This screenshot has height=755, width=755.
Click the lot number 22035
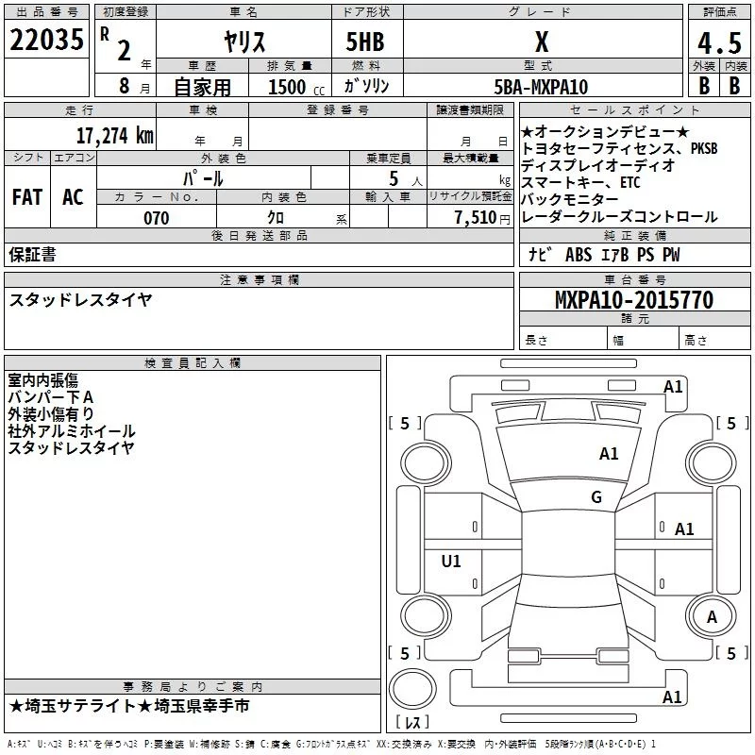pyautogui.click(x=46, y=41)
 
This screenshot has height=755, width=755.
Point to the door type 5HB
pyautogui.click(x=366, y=42)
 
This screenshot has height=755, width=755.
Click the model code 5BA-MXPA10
pyautogui.click(x=541, y=87)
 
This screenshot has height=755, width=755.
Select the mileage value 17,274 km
pyautogui.click(x=113, y=135)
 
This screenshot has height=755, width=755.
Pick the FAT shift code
pyautogui.click(x=26, y=197)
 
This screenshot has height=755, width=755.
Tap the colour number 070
pyautogui.click(x=156, y=218)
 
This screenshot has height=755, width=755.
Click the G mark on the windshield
pyautogui.click(x=596, y=497)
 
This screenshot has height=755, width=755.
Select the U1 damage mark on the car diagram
pyautogui.click(x=451, y=562)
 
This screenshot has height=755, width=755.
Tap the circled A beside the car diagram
pyautogui.click(x=712, y=616)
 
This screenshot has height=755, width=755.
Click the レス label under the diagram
pyautogui.click(x=412, y=724)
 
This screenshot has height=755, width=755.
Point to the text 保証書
pyautogui.click(x=32, y=254)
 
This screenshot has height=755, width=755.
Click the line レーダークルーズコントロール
pyautogui.click(x=619, y=217)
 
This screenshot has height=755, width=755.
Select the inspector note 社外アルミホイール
pyautogui.click(x=72, y=431)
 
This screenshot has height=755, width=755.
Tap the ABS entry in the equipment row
pyautogui.click(x=578, y=255)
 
